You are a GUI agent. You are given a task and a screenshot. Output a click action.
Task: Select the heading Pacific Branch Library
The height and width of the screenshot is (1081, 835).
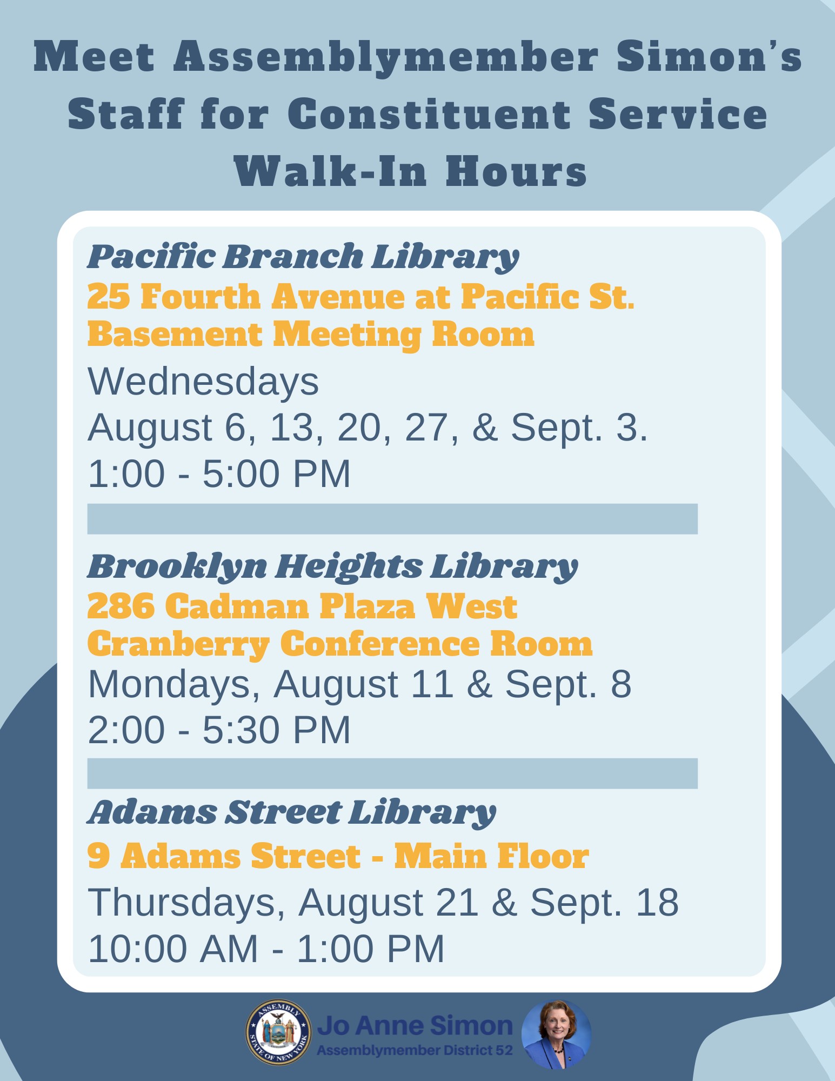[x=303, y=257]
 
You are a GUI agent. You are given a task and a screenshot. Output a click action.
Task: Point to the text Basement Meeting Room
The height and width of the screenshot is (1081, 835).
[x=311, y=335]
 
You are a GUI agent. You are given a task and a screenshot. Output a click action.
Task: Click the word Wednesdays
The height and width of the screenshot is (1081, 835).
[x=203, y=382]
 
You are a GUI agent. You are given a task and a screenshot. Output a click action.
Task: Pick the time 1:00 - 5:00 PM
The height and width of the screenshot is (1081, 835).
[x=219, y=473]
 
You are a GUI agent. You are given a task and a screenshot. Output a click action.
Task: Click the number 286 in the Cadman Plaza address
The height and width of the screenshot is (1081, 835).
[x=121, y=606]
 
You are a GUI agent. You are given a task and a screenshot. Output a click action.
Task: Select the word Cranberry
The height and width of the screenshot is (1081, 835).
[x=178, y=645]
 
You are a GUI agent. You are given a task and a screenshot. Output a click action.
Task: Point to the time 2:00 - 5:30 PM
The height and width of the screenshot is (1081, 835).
[x=219, y=730]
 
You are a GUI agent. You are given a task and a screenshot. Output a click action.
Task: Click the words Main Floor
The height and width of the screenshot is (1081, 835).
[x=491, y=857]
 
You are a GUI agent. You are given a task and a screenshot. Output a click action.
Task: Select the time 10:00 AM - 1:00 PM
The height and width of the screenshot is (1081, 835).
[x=266, y=949]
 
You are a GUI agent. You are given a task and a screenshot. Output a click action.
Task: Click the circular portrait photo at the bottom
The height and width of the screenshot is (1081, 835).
[x=556, y=1034]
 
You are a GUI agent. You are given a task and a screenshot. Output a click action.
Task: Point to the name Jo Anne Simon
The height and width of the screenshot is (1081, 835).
[x=415, y=1025]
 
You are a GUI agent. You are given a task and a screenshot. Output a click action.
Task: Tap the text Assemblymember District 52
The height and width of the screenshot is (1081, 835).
[x=415, y=1051]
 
